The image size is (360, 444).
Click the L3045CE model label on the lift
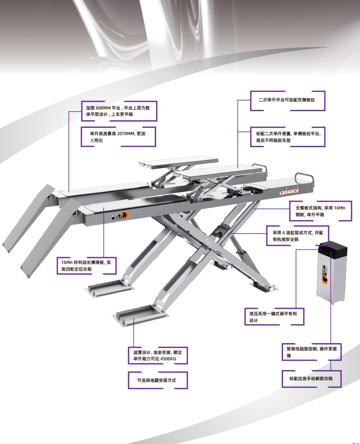(x=289, y=192)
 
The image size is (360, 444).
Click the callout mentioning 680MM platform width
(x=119, y=111)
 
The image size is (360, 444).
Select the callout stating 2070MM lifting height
(x=118, y=137)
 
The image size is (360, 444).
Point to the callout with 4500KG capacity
(x=157, y=355)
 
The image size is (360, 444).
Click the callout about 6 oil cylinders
(x=297, y=236)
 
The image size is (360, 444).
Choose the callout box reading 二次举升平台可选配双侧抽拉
(x=288, y=100)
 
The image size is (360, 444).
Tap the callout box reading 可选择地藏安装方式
(x=157, y=381)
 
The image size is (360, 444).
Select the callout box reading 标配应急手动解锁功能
(x=311, y=379)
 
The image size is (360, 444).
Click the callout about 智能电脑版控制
(x=311, y=352)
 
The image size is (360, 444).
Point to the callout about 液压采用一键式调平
(x=274, y=317)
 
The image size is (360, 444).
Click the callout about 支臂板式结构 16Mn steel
(x=320, y=211)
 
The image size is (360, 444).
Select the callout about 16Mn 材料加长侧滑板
(x=86, y=266)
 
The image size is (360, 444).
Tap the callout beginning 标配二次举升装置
(x=288, y=137)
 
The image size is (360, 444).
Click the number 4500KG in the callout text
(x=168, y=359)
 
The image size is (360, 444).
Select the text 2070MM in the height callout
(x=126, y=134)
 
